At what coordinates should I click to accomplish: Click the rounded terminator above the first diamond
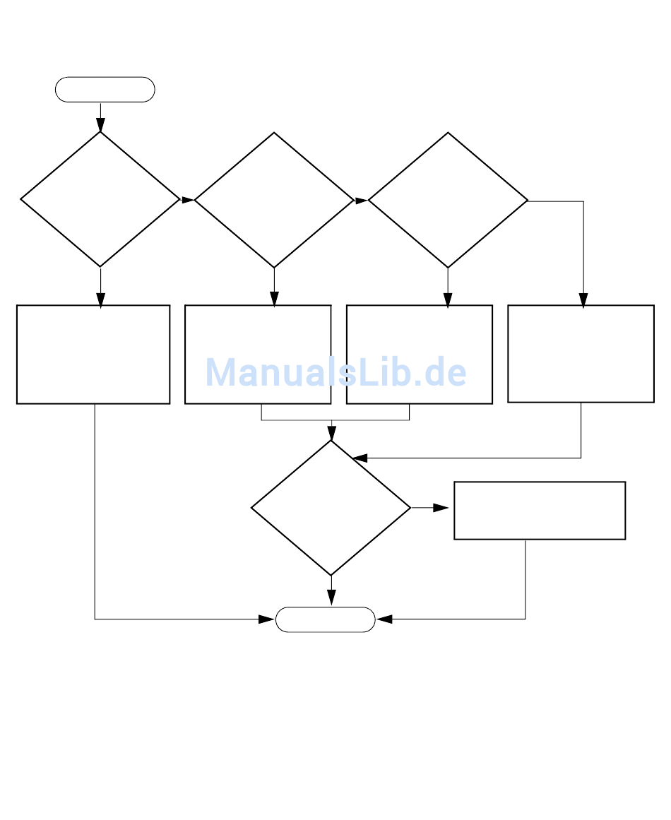pos(105,90)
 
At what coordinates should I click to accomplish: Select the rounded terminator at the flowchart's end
pos(325,619)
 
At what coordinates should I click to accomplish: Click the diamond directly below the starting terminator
pos(100,200)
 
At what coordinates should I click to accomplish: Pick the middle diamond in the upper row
pos(274,201)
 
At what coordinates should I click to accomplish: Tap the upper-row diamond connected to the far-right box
pos(448,201)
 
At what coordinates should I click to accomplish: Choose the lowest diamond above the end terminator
pos(331,508)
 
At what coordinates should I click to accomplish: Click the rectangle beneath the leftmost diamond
pos(93,355)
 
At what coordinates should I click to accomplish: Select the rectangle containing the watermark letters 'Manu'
pos(258,355)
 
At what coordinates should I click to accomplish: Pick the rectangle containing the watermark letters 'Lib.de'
pos(420,355)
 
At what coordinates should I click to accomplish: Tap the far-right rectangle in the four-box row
pos(581,354)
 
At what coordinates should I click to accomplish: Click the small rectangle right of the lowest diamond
pos(540,511)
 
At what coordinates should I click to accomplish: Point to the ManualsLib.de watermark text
pos(336,372)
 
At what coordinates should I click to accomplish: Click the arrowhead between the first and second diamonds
pos(188,201)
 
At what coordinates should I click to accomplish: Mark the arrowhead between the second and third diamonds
pos(361,201)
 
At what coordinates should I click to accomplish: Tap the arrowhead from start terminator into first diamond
pos(100,125)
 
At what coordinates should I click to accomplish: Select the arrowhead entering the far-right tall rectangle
pos(583,300)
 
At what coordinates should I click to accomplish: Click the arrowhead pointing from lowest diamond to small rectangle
pos(441,508)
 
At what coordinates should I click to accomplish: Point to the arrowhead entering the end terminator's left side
pos(266,619)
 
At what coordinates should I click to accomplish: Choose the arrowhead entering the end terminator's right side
pos(384,619)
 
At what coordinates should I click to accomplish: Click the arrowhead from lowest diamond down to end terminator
pos(331,598)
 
